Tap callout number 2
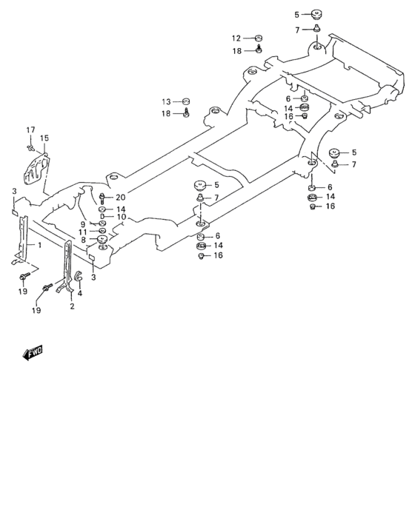(x=72, y=306)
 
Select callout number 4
(x=80, y=292)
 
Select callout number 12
(x=236, y=38)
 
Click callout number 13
(x=167, y=101)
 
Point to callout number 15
(x=44, y=138)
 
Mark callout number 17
(x=31, y=130)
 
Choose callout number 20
(x=120, y=197)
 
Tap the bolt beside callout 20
(x=102, y=198)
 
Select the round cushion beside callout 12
(x=259, y=38)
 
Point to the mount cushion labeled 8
(x=102, y=240)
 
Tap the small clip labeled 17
(x=30, y=147)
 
